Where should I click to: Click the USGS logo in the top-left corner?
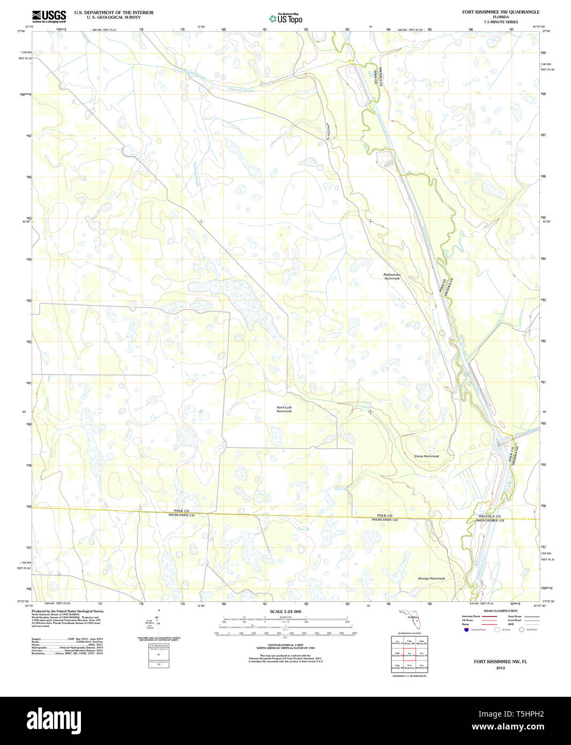49,16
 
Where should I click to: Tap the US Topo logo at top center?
286,18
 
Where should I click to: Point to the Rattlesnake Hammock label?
391,277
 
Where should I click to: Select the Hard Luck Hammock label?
284,409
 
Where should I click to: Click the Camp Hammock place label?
426,456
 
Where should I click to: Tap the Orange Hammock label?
431,578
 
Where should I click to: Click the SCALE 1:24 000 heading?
285,612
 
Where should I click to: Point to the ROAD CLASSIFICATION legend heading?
500,611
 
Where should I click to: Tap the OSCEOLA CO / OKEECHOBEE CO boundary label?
491,518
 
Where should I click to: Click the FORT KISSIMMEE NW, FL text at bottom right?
500,661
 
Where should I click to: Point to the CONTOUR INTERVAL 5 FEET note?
285,646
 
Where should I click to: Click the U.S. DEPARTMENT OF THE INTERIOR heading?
114,12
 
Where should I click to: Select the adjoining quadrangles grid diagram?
410,654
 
